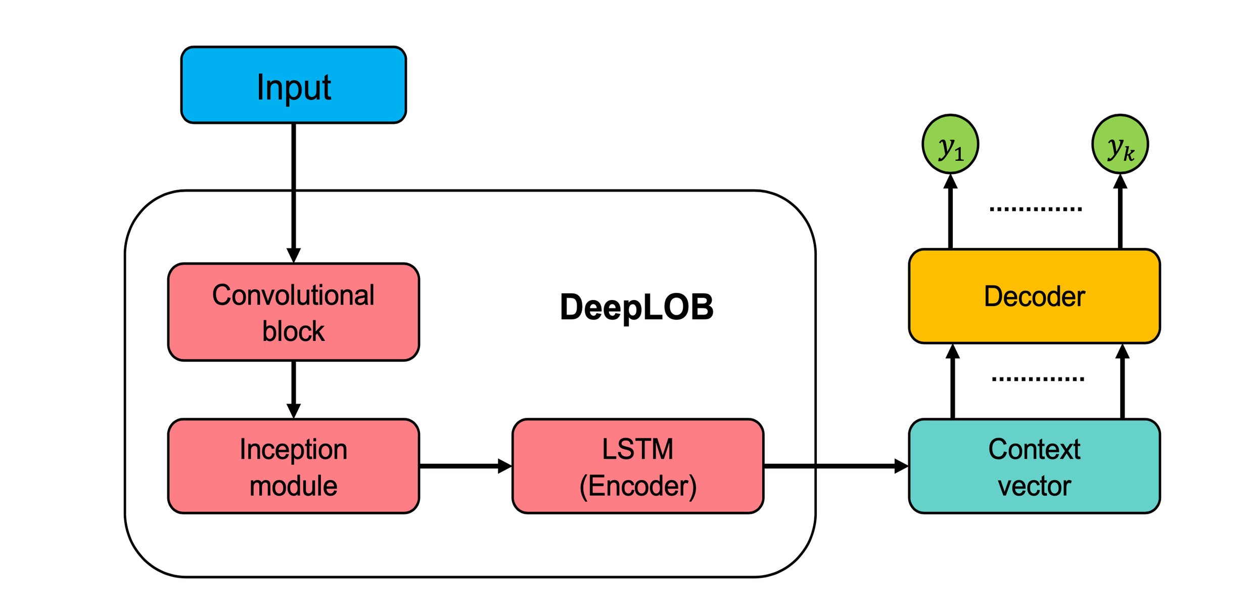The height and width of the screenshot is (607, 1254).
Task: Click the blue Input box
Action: (x=293, y=85)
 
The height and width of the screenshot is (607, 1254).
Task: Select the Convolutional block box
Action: (x=293, y=312)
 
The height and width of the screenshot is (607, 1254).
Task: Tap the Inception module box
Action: (x=293, y=466)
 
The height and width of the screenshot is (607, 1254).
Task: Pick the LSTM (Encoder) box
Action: (x=637, y=466)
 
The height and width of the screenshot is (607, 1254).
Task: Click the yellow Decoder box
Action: (x=1034, y=296)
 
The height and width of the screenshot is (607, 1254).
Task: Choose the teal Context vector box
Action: (x=1034, y=466)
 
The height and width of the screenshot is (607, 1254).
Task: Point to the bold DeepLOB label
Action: (x=636, y=307)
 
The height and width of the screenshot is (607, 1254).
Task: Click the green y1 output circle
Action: (x=950, y=145)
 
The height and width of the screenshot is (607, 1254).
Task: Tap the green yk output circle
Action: (x=1120, y=145)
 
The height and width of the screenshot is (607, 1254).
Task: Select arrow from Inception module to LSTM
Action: (x=465, y=466)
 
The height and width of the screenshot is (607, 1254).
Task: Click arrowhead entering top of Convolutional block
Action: (x=293, y=255)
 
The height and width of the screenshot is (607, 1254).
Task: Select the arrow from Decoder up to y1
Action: (x=950, y=212)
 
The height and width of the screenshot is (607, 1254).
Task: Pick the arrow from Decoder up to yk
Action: (x=1120, y=212)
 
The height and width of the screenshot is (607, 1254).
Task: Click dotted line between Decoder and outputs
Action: (x=1035, y=209)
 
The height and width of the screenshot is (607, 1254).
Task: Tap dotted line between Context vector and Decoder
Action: (x=1037, y=379)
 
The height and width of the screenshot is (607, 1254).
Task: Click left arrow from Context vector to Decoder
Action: (x=952, y=382)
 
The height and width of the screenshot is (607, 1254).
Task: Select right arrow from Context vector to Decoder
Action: (x=1122, y=382)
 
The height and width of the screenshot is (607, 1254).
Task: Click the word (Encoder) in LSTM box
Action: (x=637, y=486)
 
